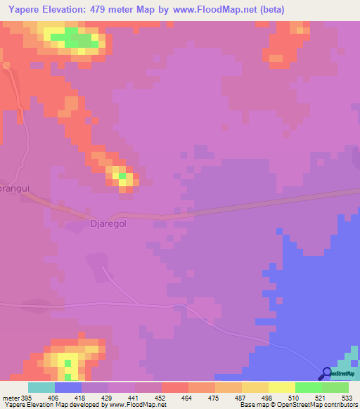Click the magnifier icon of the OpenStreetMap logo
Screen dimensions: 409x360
[326, 373]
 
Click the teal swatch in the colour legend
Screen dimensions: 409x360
[41, 387]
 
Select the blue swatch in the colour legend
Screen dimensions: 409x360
[67, 387]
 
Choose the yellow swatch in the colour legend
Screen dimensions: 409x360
[281, 387]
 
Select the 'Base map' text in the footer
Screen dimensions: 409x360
[255, 405]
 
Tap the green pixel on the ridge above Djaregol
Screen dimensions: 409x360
[123, 176]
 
